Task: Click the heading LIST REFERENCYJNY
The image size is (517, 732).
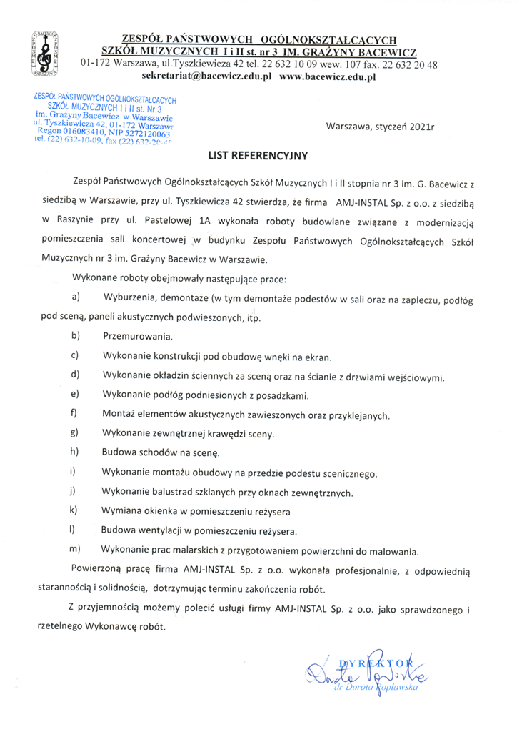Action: (x=258, y=154)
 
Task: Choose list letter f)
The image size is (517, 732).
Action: (x=74, y=413)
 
